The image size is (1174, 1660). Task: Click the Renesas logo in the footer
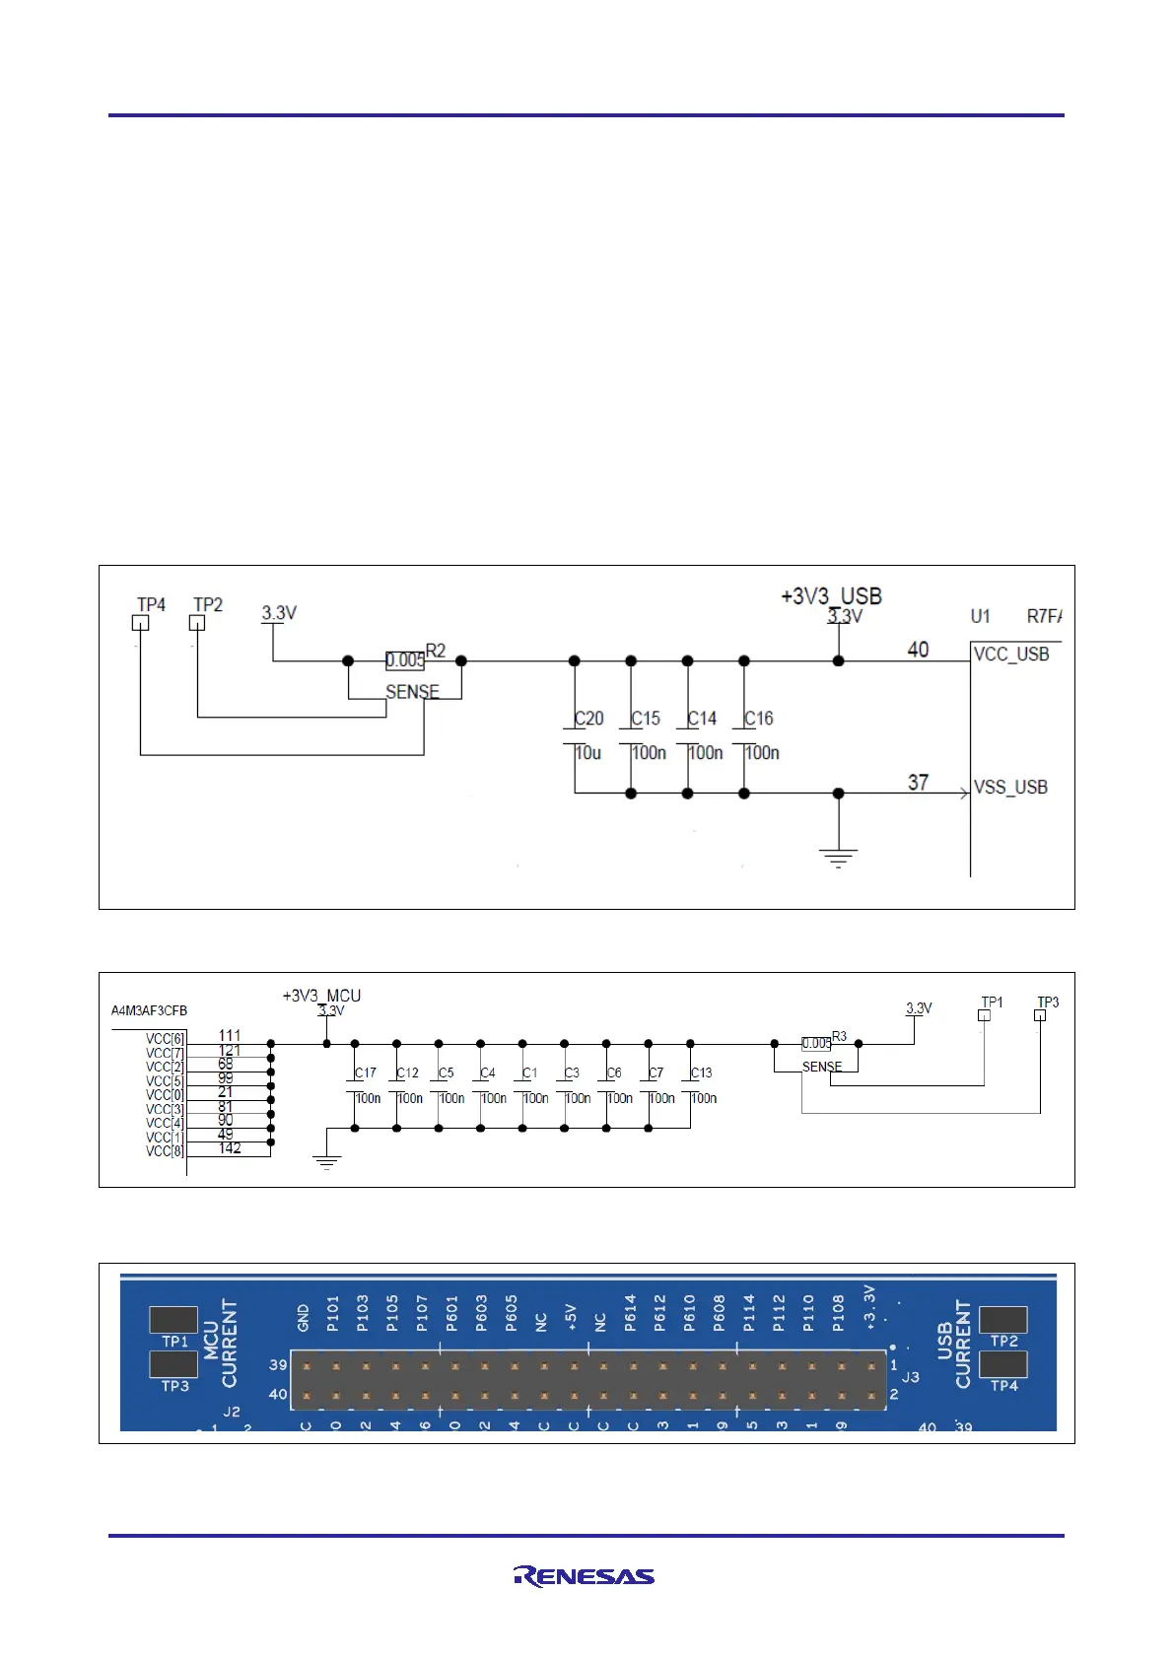click(584, 1576)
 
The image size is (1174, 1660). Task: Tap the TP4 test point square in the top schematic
click(141, 623)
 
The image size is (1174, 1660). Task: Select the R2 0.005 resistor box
click(405, 660)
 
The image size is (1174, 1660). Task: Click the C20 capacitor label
click(589, 719)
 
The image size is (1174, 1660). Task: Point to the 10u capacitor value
click(588, 753)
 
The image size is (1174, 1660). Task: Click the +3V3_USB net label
click(831, 596)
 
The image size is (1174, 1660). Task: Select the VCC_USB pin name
click(1011, 655)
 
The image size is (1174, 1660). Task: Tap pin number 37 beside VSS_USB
click(918, 783)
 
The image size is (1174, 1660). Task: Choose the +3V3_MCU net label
click(321, 996)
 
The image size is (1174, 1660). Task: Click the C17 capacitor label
click(366, 1072)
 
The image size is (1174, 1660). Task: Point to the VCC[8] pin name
click(165, 1151)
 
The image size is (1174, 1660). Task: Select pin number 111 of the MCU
click(230, 1035)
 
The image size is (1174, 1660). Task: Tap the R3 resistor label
click(840, 1036)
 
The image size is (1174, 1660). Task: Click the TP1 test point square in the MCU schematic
click(984, 1015)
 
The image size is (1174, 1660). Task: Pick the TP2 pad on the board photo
click(1003, 1319)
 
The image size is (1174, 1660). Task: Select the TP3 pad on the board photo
click(173, 1364)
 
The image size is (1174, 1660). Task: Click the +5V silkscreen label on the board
click(571, 1317)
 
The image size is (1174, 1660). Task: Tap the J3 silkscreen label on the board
click(911, 1377)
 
